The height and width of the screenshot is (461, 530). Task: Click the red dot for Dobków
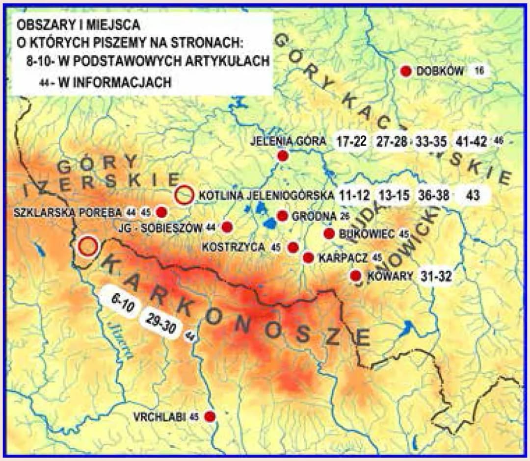point(406,71)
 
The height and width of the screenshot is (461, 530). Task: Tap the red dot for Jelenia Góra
point(282,156)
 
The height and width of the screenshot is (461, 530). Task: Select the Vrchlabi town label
point(159,417)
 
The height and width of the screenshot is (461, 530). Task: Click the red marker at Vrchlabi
point(210,416)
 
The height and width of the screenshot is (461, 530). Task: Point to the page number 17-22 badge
point(351,142)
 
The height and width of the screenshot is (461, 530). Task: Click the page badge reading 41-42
point(471,142)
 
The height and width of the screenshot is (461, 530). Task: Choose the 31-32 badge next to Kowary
point(436,276)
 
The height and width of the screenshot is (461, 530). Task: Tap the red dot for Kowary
point(356,276)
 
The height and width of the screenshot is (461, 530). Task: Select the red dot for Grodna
point(282,216)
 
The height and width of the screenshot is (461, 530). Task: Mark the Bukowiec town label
point(367,234)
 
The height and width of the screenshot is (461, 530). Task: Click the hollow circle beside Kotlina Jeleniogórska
point(184,195)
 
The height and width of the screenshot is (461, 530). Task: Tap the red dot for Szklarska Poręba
point(161,212)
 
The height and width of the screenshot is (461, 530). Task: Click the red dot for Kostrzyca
point(293,247)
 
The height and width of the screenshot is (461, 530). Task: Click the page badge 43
point(473,195)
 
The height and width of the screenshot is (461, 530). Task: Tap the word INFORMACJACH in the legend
point(114,83)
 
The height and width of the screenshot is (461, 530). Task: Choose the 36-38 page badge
point(434,195)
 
